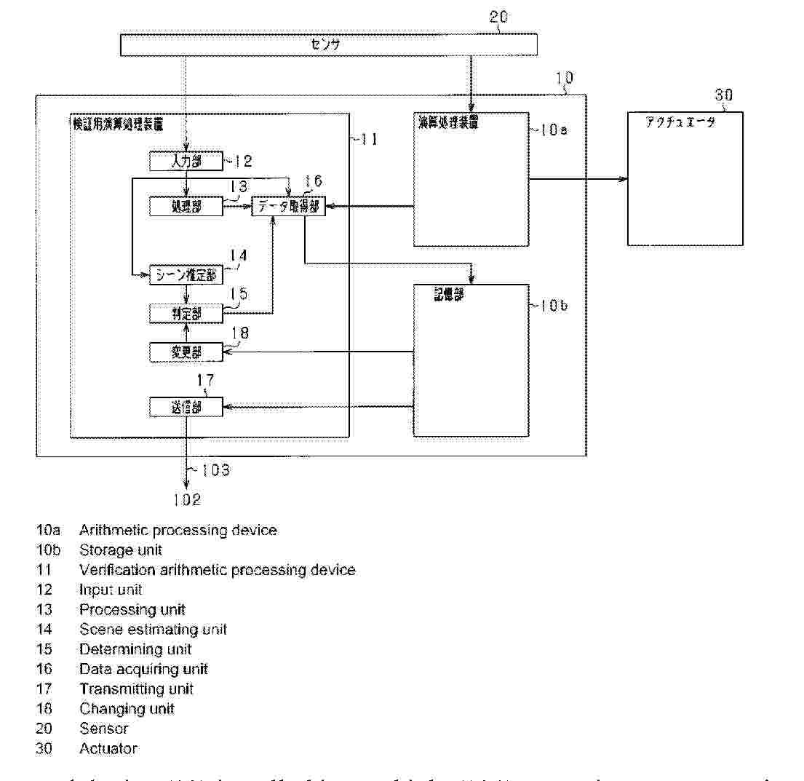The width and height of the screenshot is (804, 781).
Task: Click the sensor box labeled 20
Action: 328,46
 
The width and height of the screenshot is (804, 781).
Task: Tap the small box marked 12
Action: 186,161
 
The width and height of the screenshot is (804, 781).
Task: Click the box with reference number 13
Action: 186,207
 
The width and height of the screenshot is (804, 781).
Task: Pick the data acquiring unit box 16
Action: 289,207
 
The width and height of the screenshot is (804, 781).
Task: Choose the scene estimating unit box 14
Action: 186,275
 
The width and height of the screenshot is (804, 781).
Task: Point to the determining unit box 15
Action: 186,314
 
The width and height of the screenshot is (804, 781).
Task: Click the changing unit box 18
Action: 186,352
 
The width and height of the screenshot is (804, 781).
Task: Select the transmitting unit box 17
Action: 186,408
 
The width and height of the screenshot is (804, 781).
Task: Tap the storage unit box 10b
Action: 471,360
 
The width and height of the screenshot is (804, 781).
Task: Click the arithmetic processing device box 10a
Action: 471,179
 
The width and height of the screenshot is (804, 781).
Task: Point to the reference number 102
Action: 186,500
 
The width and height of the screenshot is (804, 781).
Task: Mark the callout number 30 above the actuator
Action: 723,95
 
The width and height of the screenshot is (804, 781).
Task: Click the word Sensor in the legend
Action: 104,729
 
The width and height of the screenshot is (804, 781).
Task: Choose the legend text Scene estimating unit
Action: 153,630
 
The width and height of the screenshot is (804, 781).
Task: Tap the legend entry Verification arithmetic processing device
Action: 218,570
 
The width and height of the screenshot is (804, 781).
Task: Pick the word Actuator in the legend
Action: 108,748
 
